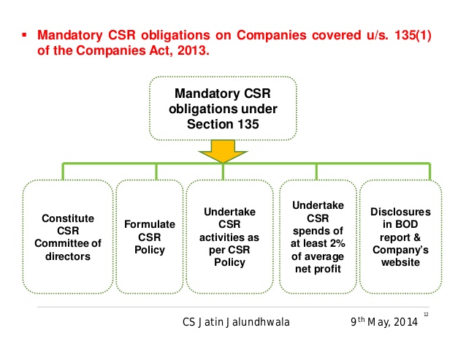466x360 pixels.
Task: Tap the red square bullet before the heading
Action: tap(24, 35)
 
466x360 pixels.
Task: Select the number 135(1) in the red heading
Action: tap(413, 35)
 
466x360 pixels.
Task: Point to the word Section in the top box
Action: tap(209, 124)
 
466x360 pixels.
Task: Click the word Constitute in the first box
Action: tap(68, 218)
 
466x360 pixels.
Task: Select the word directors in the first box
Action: tap(68, 256)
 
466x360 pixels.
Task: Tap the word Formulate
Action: tap(150, 224)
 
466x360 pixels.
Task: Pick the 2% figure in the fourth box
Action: tap(337, 243)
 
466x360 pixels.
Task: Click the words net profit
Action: tap(318, 269)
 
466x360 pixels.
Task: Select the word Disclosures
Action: tap(400, 212)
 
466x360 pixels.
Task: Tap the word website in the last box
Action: tap(400, 262)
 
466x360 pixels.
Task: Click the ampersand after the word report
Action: tap(417, 237)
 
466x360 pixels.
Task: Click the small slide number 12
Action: tap(426, 315)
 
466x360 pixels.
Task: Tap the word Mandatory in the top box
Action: tap(207, 93)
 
